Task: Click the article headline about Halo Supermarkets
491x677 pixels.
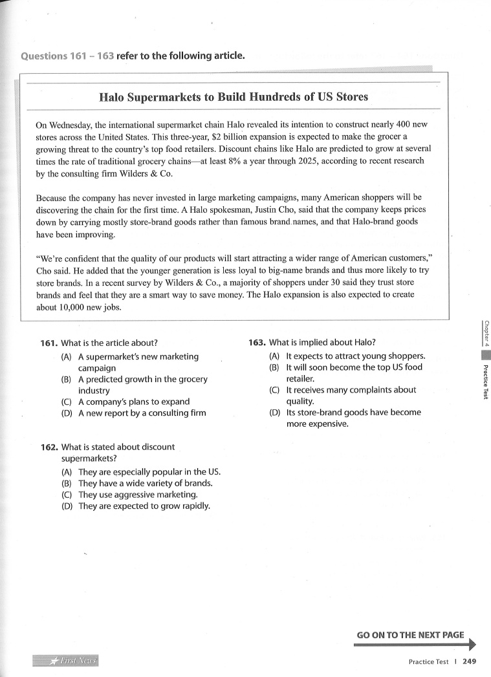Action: click(234, 97)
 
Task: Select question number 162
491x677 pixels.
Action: click(49, 447)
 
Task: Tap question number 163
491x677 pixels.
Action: click(257, 343)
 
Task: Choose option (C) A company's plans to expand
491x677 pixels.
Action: click(134, 402)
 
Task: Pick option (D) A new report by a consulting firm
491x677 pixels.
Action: click(142, 413)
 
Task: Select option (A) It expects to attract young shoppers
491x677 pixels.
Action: click(355, 356)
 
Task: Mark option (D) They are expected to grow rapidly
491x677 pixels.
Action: click(144, 506)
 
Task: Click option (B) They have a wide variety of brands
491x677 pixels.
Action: click(145, 483)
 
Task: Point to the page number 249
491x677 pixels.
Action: click(470, 661)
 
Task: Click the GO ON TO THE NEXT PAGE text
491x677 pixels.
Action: click(410, 635)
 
